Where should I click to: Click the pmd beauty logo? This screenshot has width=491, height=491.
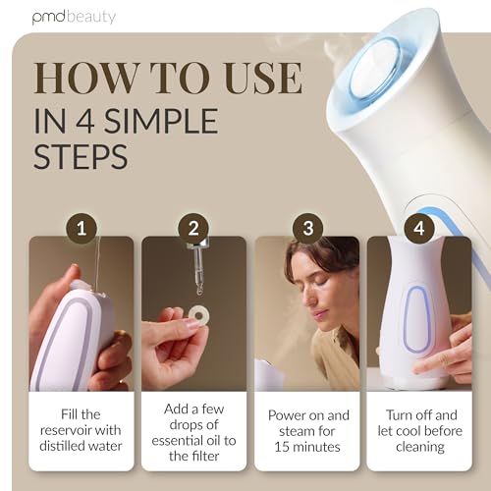coord(74,17)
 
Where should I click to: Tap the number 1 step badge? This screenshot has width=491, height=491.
coord(82,228)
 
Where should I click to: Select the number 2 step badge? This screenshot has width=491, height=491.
coord(193,228)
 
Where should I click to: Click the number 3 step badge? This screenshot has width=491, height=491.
coord(307,228)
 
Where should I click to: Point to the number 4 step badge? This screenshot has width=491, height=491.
coord(419,228)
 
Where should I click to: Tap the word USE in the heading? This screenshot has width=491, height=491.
coord(263,78)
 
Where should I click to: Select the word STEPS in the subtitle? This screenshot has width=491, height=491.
coord(81,156)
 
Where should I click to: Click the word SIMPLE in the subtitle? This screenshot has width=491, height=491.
coord(161,121)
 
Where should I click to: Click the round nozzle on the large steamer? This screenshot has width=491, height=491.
coord(375,69)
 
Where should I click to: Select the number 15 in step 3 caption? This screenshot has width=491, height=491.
coord(282,447)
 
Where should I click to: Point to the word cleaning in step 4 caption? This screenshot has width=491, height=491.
coord(420,447)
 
